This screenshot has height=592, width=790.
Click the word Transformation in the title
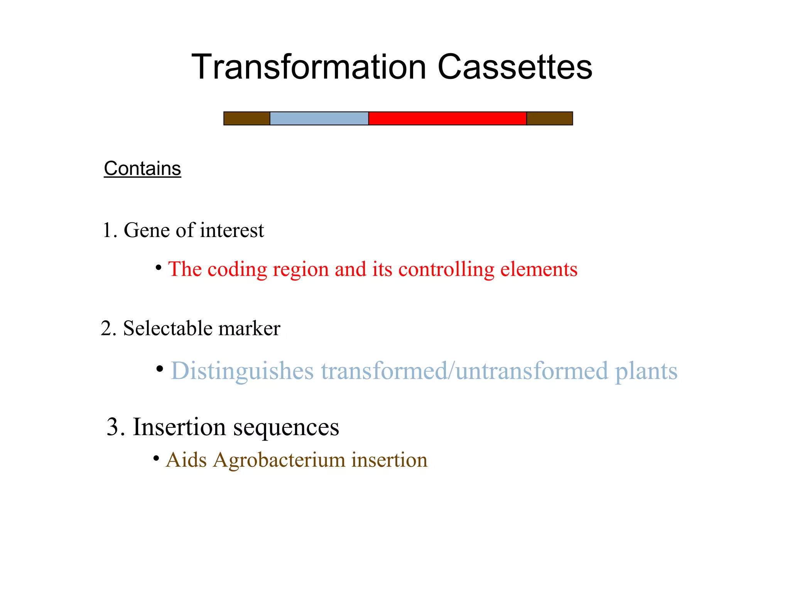tap(309, 67)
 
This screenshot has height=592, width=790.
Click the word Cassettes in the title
tap(515, 67)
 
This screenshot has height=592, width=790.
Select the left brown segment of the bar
tap(246, 118)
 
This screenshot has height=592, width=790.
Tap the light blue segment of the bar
tap(319, 118)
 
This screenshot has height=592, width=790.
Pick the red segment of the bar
tap(447, 118)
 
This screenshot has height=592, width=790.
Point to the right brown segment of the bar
tap(549, 118)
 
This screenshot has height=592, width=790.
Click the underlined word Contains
tap(142, 169)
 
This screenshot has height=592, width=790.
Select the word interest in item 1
tap(232, 230)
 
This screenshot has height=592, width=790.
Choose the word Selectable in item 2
tap(167, 329)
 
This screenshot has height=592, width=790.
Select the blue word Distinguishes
tap(242, 371)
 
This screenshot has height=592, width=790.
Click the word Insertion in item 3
tap(179, 427)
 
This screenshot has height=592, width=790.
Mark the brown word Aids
tap(186, 460)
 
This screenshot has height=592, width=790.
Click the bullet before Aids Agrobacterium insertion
tap(156, 459)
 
